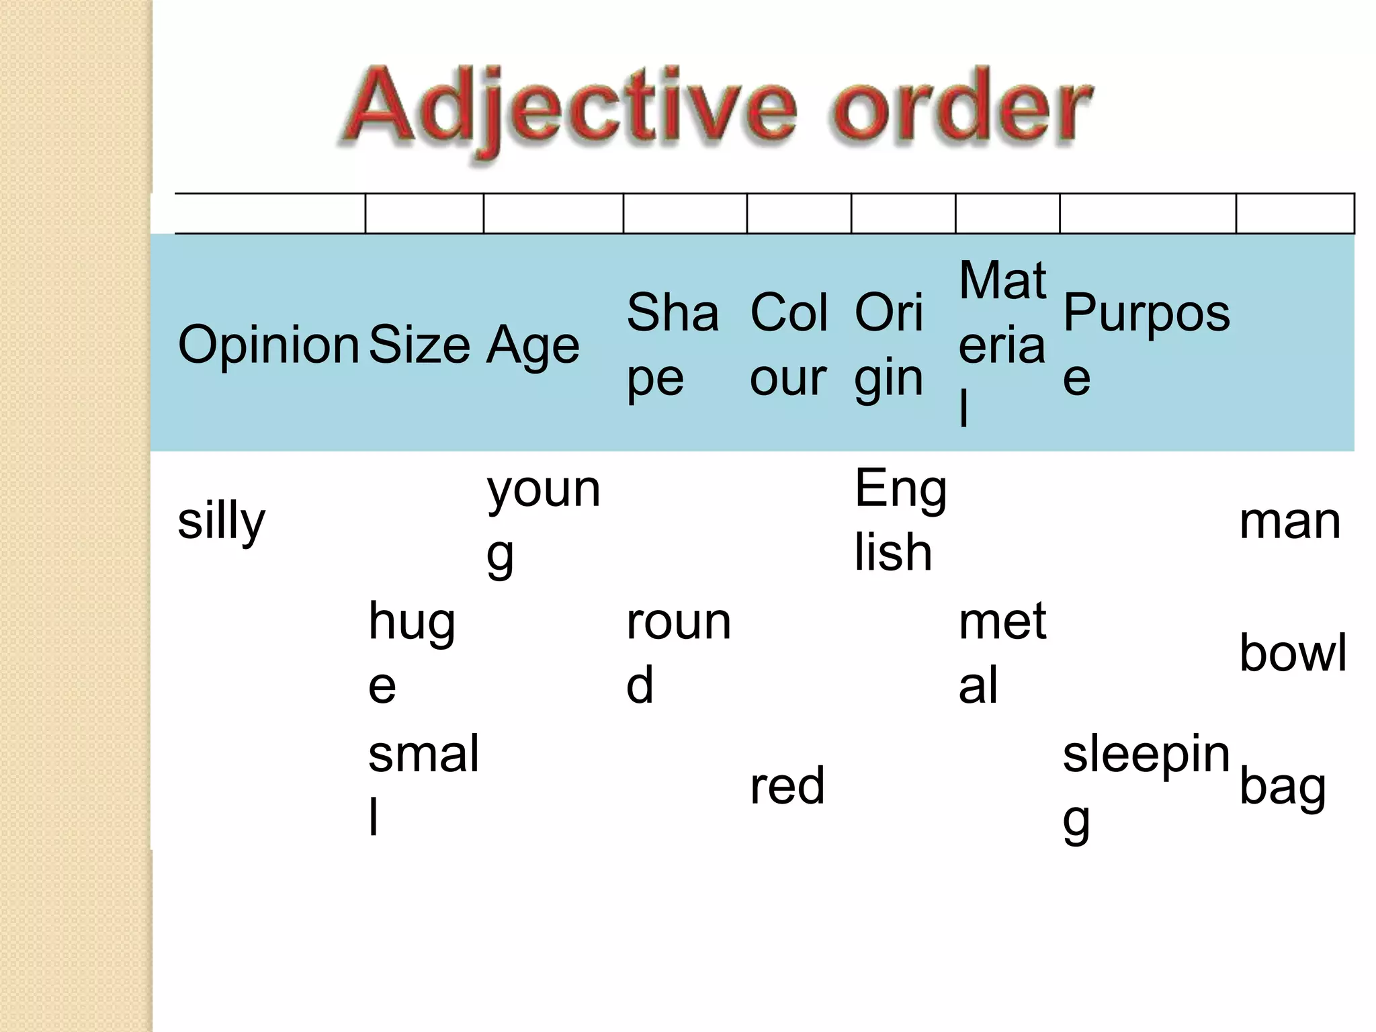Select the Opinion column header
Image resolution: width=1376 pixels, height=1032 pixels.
click(268, 345)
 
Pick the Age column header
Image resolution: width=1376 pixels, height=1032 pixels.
click(533, 345)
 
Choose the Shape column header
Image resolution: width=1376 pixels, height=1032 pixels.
click(672, 345)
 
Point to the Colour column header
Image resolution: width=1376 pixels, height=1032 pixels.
click(789, 345)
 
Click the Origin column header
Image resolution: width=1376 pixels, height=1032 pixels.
click(890, 345)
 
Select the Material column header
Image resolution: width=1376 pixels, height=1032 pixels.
click(1002, 345)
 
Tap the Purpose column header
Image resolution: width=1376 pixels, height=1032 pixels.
click(1146, 345)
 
